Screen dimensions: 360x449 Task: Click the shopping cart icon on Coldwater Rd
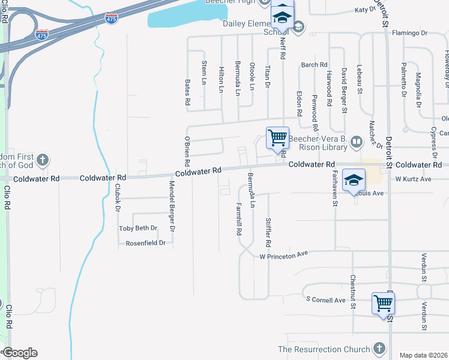point(277,137)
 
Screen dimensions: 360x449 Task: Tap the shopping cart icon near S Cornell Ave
point(383,303)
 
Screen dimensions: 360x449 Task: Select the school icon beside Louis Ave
point(354,179)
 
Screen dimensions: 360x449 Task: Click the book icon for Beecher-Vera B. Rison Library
point(357,142)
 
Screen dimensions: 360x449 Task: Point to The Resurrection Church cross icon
point(379,349)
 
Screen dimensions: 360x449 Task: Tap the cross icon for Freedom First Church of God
point(42,160)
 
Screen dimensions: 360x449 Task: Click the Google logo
point(20,353)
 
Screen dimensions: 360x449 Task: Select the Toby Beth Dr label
point(138,229)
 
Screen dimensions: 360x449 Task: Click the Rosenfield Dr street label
point(145,243)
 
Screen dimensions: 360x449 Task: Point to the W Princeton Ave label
point(283,255)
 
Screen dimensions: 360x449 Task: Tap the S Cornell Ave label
point(325,299)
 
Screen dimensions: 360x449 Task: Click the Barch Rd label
point(314,65)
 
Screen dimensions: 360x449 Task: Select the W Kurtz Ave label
point(414,179)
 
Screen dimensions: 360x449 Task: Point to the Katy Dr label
point(365,10)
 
